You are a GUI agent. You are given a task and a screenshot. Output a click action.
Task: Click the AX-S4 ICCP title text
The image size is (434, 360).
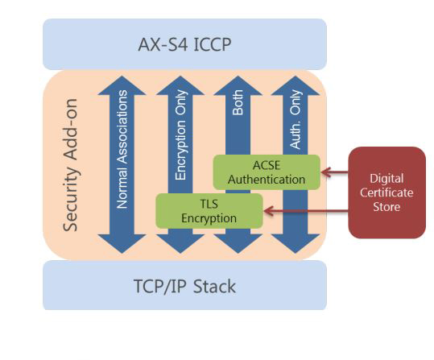pos(184,44)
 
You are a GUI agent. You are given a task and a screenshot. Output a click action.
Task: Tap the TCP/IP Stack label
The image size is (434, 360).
pos(184,287)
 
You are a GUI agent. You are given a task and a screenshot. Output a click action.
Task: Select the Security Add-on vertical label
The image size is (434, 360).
pos(70,165)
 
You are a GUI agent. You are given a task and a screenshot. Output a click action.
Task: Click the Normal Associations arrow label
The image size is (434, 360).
pos(122,149)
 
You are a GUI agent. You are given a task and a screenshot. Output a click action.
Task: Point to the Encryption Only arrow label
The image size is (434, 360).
pos(180,134)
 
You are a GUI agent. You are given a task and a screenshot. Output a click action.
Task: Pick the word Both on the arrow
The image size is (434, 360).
pos(238,102)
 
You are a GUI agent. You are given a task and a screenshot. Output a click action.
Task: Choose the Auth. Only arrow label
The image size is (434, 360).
pos(296,119)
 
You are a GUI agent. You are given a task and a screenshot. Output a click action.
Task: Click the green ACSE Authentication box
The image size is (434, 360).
pos(267,172)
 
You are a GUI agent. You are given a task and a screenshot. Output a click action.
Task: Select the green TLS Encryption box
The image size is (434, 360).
pos(209,211)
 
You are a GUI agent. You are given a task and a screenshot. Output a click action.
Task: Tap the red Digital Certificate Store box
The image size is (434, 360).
pos(386,192)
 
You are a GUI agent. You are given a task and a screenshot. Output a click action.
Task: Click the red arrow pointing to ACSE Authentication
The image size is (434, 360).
pos(334,172)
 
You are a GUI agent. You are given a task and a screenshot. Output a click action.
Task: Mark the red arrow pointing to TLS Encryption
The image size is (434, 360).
pos(306,211)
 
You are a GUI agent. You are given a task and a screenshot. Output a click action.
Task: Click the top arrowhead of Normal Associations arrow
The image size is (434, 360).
pos(122,85)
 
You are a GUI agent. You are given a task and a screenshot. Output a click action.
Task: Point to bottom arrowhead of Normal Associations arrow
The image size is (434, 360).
pos(122,244)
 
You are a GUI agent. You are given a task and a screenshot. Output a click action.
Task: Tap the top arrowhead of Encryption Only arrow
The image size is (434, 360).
pos(180,85)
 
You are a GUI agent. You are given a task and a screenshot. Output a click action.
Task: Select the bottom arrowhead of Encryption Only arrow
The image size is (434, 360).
pos(180,244)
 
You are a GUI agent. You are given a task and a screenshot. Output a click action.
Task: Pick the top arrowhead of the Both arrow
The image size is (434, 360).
pos(238,85)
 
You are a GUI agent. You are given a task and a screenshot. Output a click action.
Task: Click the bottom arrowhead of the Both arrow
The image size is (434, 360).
pos(238,244)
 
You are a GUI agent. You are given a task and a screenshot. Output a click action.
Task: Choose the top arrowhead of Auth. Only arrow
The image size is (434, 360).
pos(296,85)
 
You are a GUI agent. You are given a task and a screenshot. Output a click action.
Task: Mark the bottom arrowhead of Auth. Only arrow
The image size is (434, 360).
pos(296,244)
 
